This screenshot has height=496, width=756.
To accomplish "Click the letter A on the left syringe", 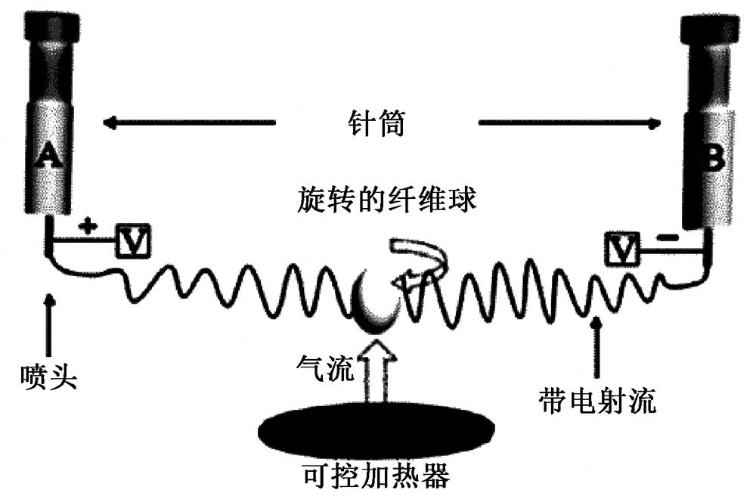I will [x=48, y=155].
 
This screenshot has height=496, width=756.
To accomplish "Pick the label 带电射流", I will [x=597, y=400].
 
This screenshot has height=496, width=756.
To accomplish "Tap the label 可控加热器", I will [x=376, y=475].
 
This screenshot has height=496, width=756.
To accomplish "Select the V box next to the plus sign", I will [x=133, y=242].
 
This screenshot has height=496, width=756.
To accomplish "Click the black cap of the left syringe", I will [x=49, y=26].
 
